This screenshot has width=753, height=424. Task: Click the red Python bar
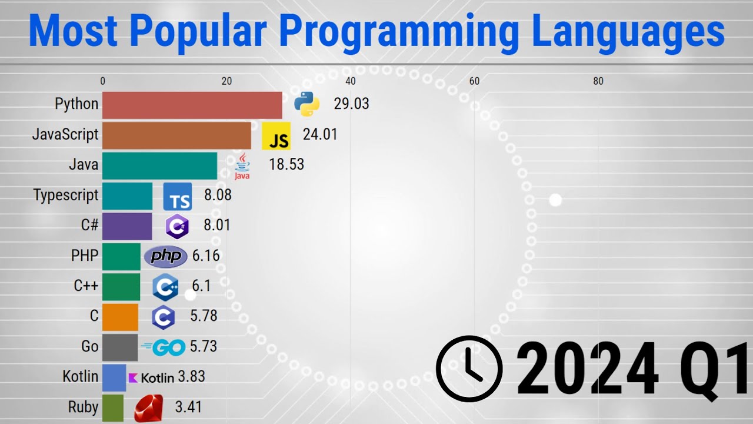click(192, 105)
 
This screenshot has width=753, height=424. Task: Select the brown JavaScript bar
click(176, 135)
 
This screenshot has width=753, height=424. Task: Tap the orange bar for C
click(120, 317)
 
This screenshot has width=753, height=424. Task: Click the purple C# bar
click(127, 226)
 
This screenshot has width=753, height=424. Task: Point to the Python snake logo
click(306, 104)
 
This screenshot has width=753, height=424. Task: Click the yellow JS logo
click(276, 136)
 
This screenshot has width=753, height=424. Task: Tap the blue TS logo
click(177, 197)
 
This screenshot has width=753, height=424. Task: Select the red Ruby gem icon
click(148, 408)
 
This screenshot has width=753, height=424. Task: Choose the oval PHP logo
click(166, 256)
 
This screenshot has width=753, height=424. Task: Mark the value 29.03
click(351, 104)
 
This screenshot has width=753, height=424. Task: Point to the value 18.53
click(286, 164)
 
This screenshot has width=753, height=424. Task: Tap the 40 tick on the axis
click(351, 82)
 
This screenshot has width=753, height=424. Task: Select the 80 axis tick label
click(598, 82)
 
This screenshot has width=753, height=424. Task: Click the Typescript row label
click(66, 196)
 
